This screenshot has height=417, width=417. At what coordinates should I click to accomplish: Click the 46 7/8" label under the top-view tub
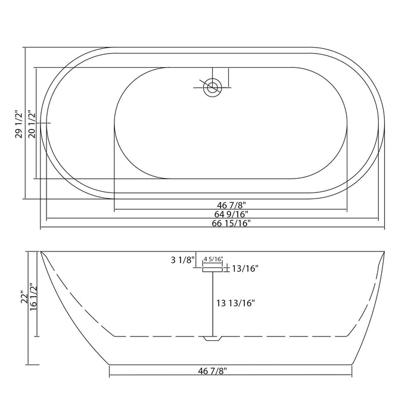[230, 204]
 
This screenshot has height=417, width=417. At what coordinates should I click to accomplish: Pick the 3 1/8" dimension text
[182, 260]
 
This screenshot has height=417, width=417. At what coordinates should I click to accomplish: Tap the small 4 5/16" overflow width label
[213, 259]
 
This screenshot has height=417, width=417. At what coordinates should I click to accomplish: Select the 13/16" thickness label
[244, 269]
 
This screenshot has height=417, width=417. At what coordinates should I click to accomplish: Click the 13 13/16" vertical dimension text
[235, 303]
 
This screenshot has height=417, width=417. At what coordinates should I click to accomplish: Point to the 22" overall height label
[24, 297]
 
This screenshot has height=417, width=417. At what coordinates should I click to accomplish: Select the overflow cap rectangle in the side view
[213, 270]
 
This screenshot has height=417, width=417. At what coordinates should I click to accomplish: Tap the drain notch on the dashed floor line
[213, 339]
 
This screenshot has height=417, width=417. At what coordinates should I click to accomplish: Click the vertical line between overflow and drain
[213, 304]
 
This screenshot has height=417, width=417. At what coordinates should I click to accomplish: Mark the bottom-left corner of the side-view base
[110, 364]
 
